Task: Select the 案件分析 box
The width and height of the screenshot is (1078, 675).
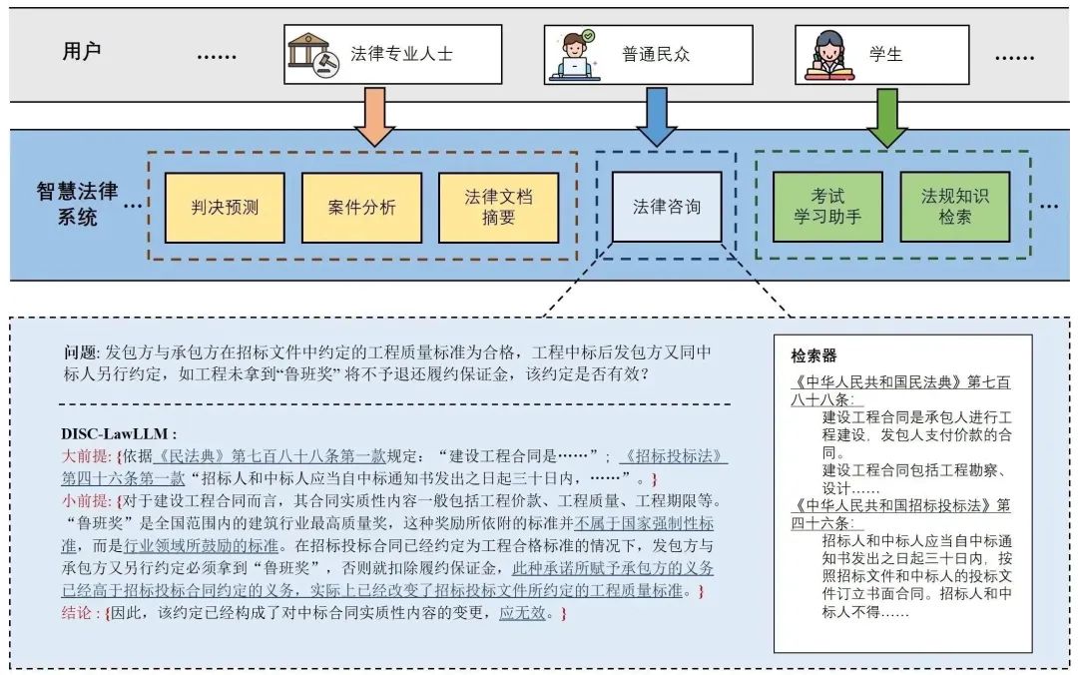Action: click(x=361, y=208)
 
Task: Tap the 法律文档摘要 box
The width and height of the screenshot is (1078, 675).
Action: click(x=498, y=208)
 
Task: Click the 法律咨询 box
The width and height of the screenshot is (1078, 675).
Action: click(x=666, y=208)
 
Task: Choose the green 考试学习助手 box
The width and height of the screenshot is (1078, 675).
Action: click(x=827, y=207)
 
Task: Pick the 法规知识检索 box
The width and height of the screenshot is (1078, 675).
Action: click(x=954, y=207)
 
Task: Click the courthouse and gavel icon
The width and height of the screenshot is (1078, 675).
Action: click(x=311, y=55)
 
